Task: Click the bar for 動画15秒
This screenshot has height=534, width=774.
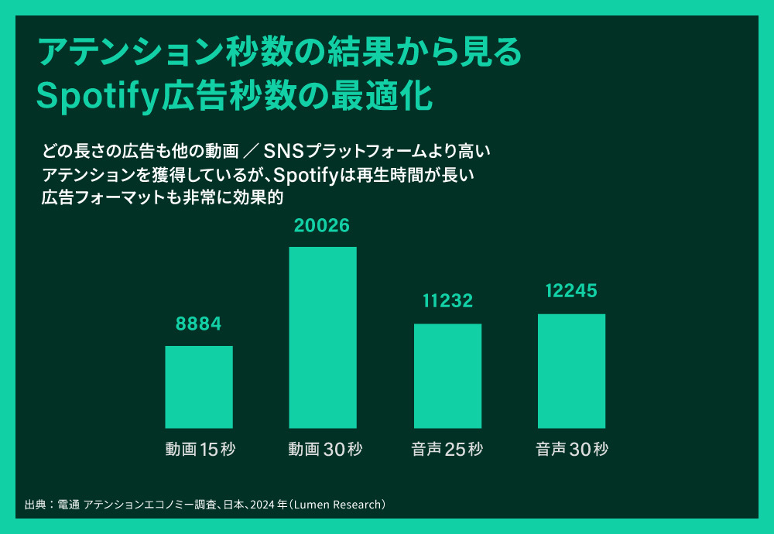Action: click(x=199, y=387)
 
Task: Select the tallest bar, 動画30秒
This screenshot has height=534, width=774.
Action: click(x=323, y=337)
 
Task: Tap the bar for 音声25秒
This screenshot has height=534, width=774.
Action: click(x=447, y=376)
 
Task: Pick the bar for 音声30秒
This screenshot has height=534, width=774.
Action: click(x=571, y=371)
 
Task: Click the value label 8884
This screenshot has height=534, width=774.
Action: click(x=199, y=324)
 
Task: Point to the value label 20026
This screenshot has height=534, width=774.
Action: click(x=322, y=225)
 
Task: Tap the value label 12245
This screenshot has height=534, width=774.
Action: click(x=571, y=292)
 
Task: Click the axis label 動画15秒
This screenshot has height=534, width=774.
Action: click(x=200, y=450)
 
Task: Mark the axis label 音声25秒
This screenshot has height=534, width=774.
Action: click(x=447, y=450)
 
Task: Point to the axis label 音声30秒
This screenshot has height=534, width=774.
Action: click(x=572, y=450)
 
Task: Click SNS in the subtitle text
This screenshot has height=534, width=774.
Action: click(x=287, y=149)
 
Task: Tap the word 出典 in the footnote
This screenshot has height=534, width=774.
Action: click(x=35, y=505)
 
